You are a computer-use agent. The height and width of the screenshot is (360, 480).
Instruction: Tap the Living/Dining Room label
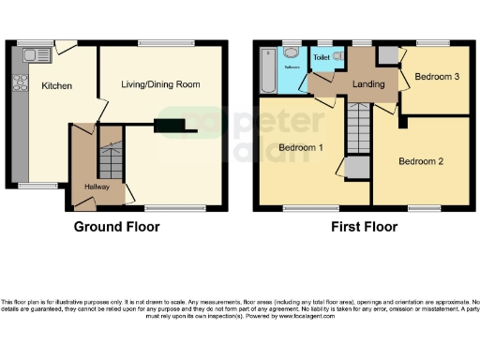pos(160,84)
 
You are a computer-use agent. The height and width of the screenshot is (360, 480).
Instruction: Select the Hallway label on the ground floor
pos(97,186)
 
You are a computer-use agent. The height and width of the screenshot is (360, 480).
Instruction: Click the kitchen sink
pos(41,55)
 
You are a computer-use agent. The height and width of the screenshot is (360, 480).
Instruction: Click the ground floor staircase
pos(111,162)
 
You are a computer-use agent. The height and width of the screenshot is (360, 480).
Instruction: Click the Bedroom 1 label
pos(301,148)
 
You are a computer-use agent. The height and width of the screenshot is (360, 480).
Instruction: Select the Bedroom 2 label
pos(420,160)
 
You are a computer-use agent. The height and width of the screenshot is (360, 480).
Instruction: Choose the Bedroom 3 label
pos(436,77)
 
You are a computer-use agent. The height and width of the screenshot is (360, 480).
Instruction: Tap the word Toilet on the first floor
pos(322,57)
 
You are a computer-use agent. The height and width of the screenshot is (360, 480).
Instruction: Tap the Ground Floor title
pos(116,226)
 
